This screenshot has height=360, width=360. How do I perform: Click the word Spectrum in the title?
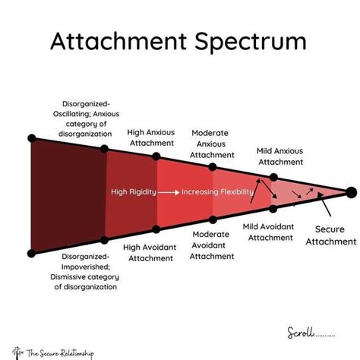(251, 42)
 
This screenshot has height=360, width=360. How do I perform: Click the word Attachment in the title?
(118, 41)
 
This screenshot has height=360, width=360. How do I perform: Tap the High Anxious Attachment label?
(151, 137)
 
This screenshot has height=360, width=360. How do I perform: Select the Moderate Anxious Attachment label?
(212, 144)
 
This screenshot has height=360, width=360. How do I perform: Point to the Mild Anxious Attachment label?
(280, 156)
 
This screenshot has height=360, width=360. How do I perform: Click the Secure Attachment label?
(331, 235)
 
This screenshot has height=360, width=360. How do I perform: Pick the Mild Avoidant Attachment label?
(269, 232)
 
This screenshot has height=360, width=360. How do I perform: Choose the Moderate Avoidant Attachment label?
(212, 245)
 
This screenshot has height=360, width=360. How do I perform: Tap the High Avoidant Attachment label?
(150, 252)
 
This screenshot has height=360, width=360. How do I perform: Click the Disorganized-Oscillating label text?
(86, 118)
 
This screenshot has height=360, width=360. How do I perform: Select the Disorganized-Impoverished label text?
(85, 272)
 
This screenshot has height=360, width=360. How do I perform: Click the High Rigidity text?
(134, 191)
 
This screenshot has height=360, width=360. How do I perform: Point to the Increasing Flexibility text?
(217, 192)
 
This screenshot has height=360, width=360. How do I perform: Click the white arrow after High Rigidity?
(169, 192)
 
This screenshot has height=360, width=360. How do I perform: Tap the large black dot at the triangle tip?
(351, 192)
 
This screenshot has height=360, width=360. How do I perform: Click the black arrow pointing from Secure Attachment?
(324, 204)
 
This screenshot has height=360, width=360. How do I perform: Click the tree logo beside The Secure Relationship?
(17, 352)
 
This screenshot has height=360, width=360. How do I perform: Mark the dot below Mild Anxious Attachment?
(273, 177)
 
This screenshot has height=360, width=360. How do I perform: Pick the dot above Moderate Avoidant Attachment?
(213, 219)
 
